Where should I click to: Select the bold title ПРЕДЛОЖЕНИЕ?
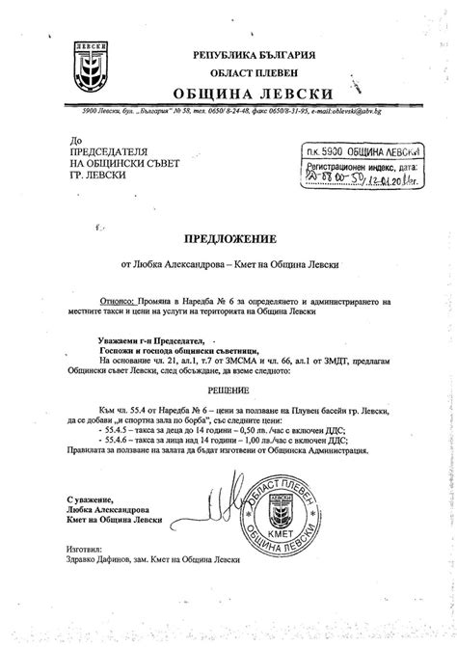pyautogui.click(x=228, y=235)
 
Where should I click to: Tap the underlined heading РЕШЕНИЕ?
pyautogui.click(x=228, y=389)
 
